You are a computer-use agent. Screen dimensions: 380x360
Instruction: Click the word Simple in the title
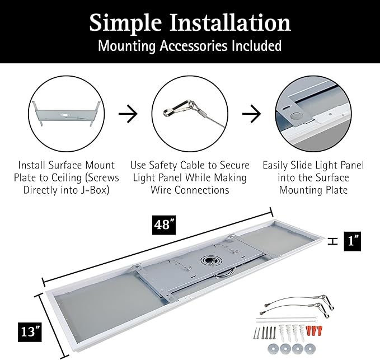125,24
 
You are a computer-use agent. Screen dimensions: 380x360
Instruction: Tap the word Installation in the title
230,22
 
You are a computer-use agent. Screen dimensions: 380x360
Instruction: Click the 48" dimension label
164,225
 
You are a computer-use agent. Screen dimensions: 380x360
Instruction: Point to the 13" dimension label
30,331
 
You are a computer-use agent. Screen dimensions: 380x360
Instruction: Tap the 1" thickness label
353,241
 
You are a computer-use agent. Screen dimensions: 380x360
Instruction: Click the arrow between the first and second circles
128,114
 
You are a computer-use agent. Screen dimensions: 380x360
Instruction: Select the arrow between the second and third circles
252,114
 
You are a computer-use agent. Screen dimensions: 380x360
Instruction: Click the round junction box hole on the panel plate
208,260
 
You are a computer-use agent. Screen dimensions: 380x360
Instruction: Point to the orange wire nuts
315,330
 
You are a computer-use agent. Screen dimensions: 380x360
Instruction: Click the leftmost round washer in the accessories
273,349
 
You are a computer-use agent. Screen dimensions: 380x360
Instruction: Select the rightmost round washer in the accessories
310,349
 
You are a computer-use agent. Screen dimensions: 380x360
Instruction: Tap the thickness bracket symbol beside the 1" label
332,241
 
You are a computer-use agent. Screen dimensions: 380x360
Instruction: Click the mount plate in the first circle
66,114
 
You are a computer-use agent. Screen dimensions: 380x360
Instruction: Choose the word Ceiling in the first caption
65,177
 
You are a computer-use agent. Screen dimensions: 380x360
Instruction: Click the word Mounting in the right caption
313,190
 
